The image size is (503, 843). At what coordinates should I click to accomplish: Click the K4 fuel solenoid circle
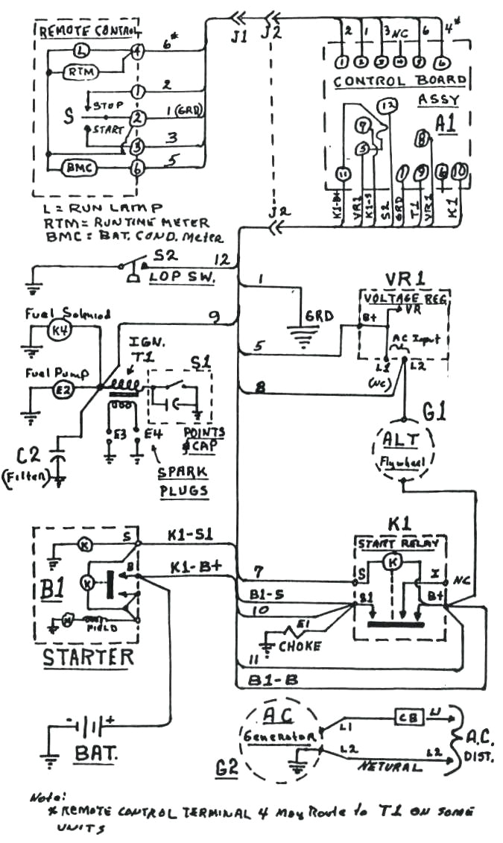click(x=58, y=329)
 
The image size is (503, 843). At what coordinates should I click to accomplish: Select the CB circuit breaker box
click(x=409, y=718)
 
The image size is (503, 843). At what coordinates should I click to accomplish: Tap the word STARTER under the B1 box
click(x=88, y=657)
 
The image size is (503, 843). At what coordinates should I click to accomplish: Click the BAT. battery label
click(x=95, y=754)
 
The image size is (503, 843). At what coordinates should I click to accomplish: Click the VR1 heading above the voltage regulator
click(x=404, y=277)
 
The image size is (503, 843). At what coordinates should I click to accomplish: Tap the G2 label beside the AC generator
click(x=227, y=766)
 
